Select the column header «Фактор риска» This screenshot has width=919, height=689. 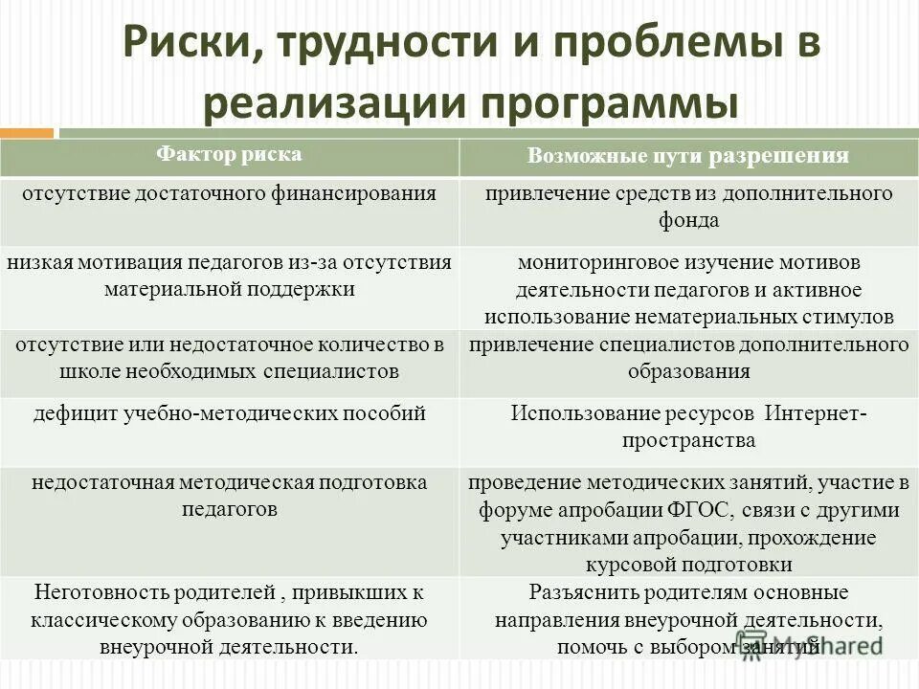(229, 154)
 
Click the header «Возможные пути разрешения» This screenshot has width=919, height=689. (688, 156)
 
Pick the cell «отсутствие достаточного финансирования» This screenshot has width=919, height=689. (229, 193)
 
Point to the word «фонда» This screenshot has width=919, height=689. (688, 220)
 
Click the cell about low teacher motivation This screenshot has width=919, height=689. (229, 275)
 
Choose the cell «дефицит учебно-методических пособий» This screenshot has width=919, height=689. (229, 413)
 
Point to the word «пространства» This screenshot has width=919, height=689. (688, 440)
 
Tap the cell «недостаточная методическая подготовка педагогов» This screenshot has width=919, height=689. (229, 496)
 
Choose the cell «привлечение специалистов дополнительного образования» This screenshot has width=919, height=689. (688, 358)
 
